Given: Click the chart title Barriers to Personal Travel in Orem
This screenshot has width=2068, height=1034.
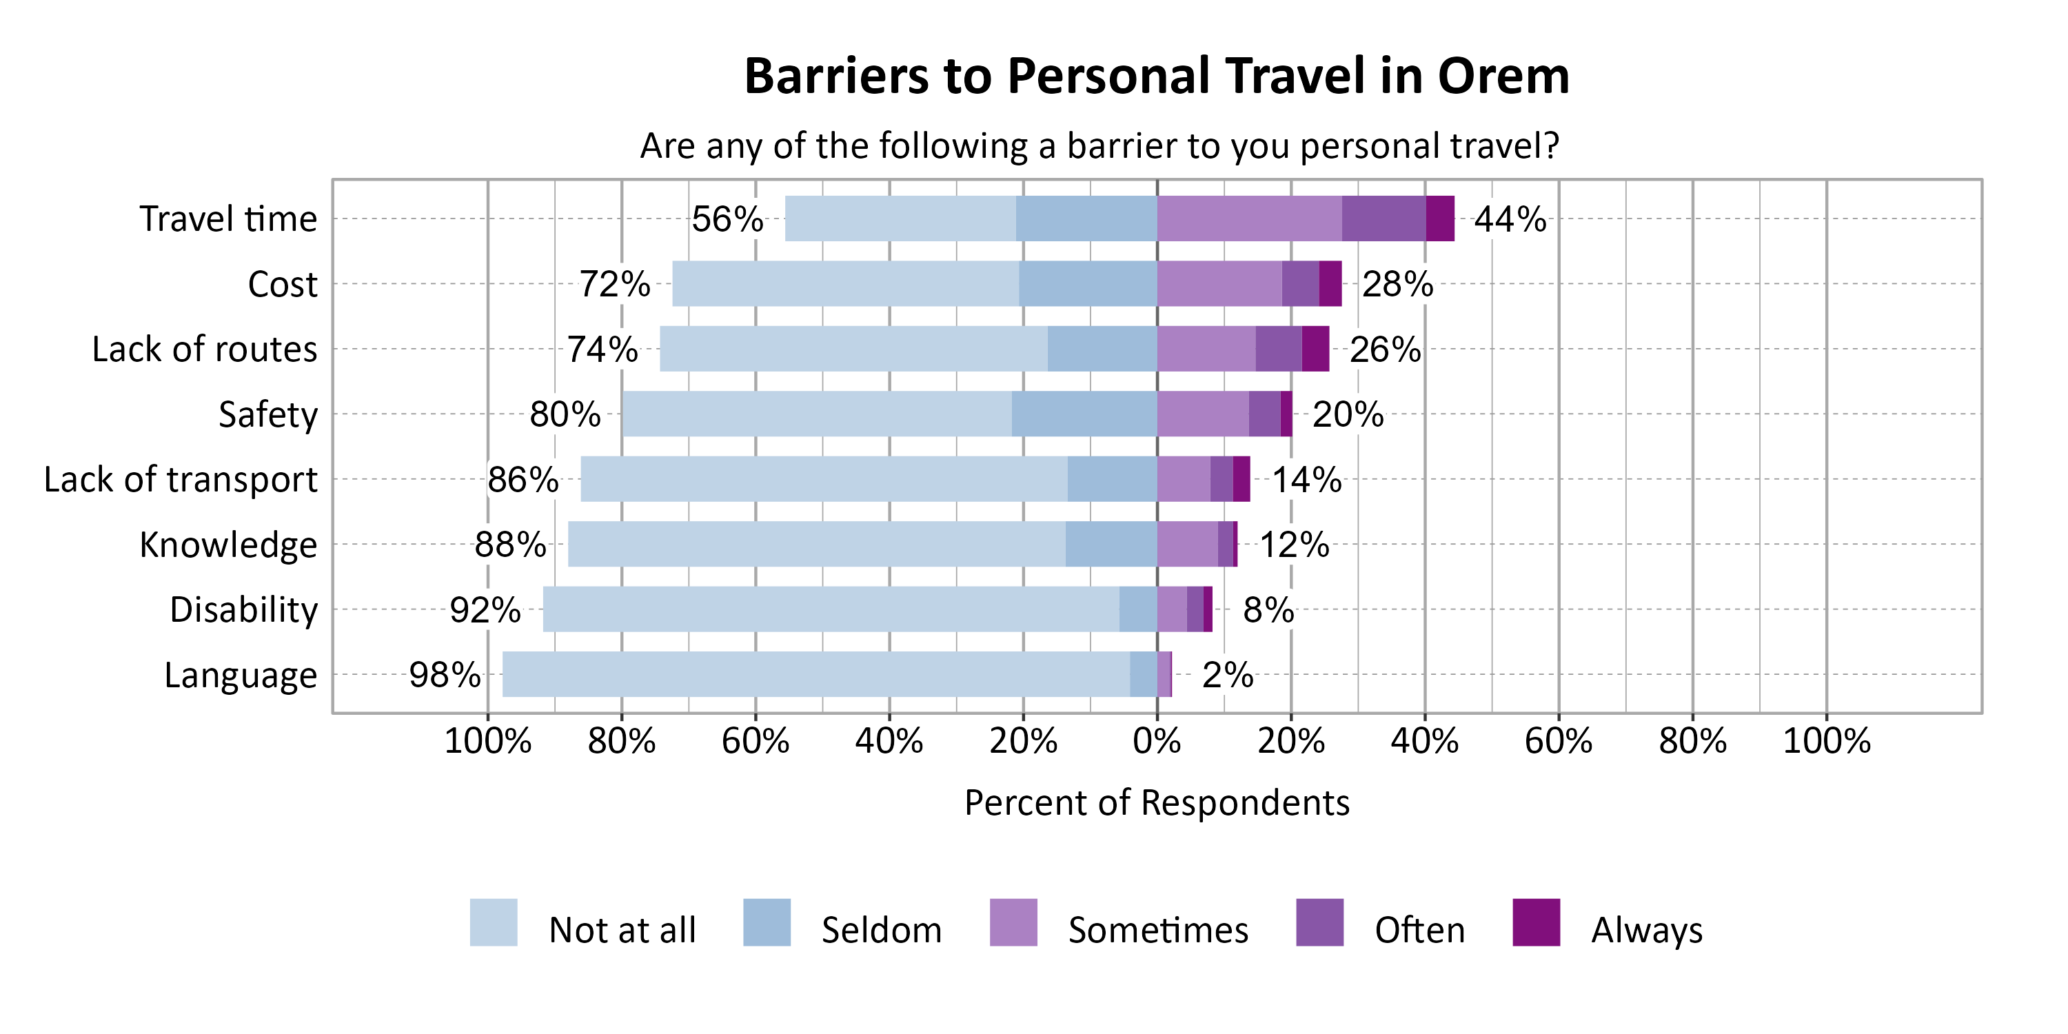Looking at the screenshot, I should tap(1156, 77).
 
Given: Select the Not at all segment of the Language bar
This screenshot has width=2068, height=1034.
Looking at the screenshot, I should tap(815, 674).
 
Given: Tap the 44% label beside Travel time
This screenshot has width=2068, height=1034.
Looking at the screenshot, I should tap(1509, 219).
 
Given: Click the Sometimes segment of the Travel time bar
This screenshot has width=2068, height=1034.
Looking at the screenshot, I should tap(1249, 219).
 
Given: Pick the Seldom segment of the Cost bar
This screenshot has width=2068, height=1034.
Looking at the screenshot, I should tap(1088, 283).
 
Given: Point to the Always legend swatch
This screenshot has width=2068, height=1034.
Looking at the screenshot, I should tap(1536, 922).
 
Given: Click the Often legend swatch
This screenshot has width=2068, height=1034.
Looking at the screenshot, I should tap(1319, 922).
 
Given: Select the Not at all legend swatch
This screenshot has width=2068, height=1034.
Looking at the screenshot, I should tap(493, 922).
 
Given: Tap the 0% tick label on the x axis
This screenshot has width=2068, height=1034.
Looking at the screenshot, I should tap(1156, 741).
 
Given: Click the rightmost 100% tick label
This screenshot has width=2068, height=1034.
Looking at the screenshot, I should tap(1826, 741).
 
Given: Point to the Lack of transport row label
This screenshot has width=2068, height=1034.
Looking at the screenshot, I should tap(181, 479).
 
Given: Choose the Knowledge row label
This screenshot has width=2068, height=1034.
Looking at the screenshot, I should tap(228, 545).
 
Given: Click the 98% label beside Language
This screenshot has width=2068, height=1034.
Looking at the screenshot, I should tap(445, 675).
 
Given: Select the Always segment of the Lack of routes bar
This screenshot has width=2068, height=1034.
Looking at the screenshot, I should tap(1315, 348).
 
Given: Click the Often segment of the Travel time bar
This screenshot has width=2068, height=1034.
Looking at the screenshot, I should tap(1383, 219).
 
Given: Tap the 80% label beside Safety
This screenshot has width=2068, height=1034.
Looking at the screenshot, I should tap(565, 415).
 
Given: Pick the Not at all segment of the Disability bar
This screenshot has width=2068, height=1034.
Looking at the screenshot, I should tap(831, 609).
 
